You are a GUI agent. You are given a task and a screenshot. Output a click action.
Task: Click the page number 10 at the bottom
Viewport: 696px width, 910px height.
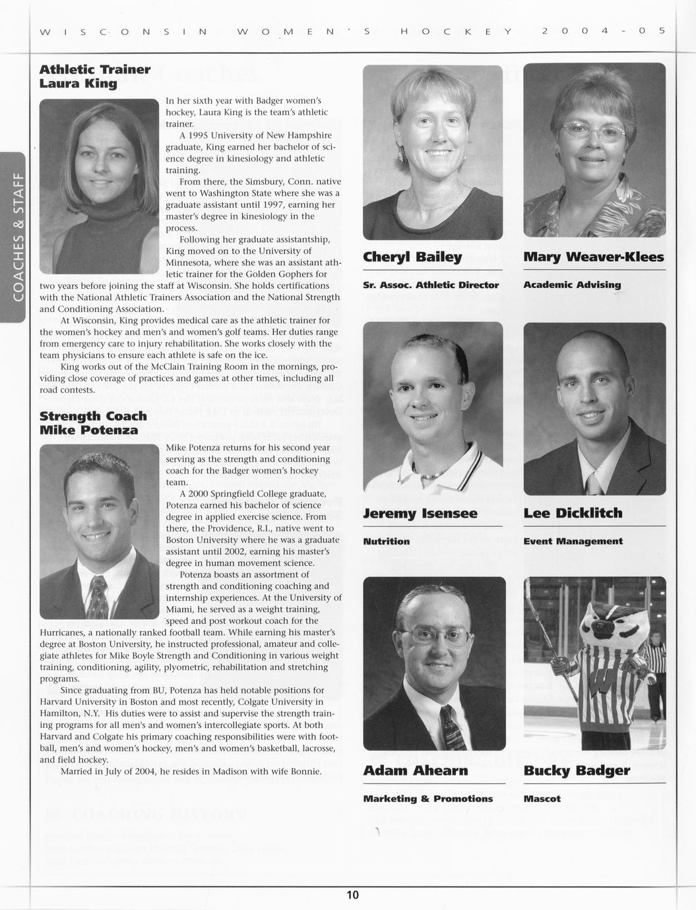click(x=353, y=895)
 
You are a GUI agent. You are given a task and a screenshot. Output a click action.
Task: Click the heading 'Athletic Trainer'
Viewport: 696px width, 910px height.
click(x=95, y=69)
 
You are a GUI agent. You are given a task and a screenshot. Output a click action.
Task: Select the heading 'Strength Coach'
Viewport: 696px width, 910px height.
click(x=93, y=416)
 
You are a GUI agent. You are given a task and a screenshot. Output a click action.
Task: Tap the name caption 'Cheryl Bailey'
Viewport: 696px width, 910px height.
click(x=412, y=257)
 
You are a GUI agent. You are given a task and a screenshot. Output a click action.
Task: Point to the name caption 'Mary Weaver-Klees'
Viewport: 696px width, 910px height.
click(x=594, y=257)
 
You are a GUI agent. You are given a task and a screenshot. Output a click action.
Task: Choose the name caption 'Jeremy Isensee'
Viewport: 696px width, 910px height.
click(x=420, y=513)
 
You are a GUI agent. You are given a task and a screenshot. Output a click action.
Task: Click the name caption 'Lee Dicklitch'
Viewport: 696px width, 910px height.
click(x=573, y=513)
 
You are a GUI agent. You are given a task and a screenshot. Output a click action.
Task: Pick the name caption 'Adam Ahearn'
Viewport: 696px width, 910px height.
click(x=415, y=770)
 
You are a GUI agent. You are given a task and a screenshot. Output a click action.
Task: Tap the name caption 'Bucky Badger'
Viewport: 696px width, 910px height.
click(x=577, y=770)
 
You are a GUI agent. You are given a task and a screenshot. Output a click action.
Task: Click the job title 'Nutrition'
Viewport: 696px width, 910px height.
click(x=387, y=541)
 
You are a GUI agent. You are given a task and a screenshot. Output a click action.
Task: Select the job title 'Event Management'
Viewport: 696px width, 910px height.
click(x=573, y=541)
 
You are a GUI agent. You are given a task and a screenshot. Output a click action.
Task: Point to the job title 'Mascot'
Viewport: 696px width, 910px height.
click(x=542, y=799)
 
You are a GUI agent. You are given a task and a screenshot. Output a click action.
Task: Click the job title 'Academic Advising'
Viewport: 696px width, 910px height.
click(x=572, y=285)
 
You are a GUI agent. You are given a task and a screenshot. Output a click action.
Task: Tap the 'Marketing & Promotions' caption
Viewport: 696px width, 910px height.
click(x=428, y=799)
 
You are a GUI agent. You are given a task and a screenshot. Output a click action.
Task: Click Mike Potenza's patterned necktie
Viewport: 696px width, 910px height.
click(x=97, y=597)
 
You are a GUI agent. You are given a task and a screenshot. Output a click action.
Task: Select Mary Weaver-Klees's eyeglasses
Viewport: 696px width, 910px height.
click(x=594, y=133)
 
